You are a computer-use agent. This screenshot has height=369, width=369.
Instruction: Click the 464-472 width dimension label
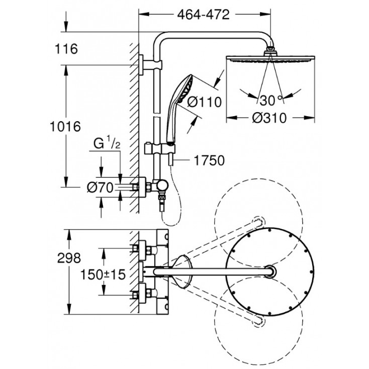[203, 15]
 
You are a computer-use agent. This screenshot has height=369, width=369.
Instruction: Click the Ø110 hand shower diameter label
[204, 102]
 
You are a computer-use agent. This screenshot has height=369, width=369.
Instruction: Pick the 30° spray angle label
[270, 99]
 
